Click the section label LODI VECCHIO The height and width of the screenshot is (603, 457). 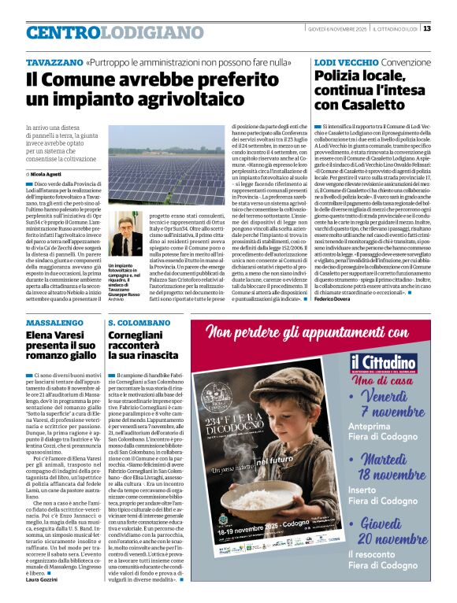346,61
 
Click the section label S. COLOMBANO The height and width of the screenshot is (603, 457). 139,323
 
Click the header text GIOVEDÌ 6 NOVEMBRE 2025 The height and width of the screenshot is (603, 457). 336,29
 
